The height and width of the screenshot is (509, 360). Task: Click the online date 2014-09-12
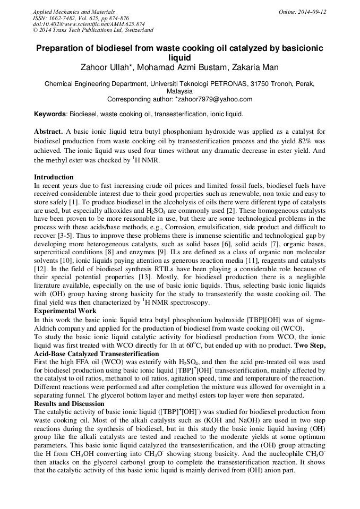pyautogui.click(x=311, y=12)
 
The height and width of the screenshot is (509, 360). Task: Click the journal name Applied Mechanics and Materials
pyautogui.click(x=73, y=12)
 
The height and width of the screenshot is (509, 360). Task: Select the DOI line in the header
pyautogui.click(x=89, y=24)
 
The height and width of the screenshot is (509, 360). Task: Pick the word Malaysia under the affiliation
pyautogui.click(x=180, y=91)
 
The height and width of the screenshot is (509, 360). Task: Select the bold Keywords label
pyautogui.click(x=50, y=114)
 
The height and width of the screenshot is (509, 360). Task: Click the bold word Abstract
pyautogui.click(x=48, y=131)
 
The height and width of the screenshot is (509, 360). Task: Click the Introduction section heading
pyautogui.click(x=54, y=177)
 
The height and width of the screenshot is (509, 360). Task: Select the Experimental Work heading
pyautogui.click(x=65, y=310)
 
